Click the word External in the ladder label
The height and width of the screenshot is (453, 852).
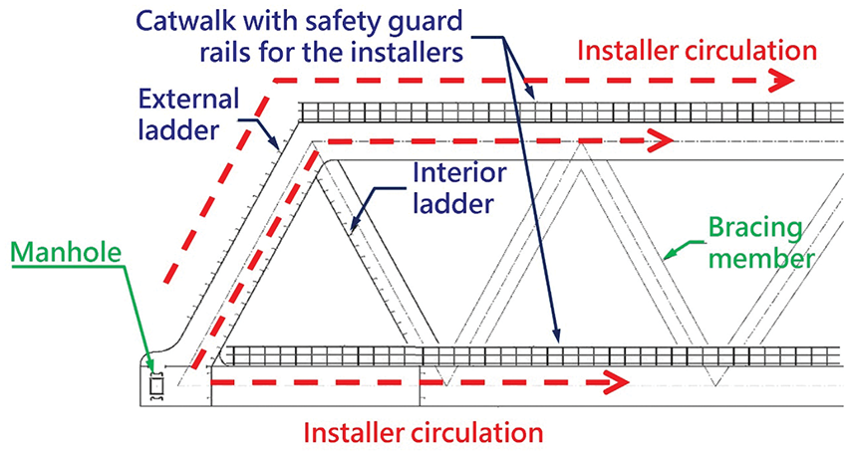[x=189, y=100]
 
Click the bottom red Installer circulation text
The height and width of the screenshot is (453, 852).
[x=423, y=432]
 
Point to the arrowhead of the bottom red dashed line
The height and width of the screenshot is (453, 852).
[x=619, y=381]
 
